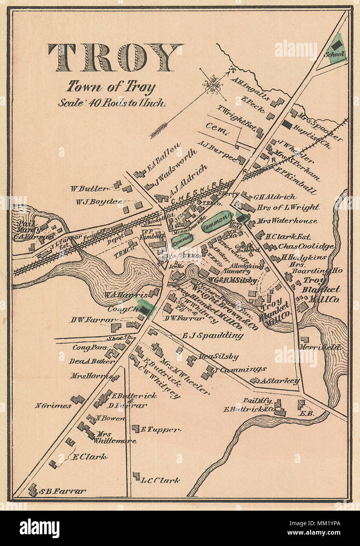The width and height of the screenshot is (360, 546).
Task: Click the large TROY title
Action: (115, 57)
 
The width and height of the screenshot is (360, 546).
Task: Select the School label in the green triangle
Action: (334, 54)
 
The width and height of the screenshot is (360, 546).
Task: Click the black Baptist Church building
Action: (287, 125)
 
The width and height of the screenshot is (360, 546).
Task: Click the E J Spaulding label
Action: (213, 335)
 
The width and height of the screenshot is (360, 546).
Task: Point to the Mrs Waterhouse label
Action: (287, 221)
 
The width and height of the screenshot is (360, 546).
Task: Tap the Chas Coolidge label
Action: (306, 247)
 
